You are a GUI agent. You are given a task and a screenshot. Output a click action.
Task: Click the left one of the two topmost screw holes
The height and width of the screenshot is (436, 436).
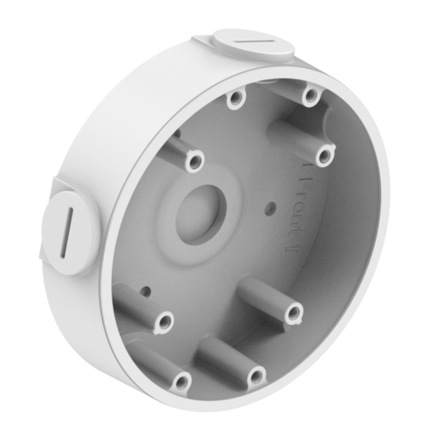point(234,102)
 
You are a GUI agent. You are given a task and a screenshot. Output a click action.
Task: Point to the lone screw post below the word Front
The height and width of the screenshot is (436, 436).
point(291,311)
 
